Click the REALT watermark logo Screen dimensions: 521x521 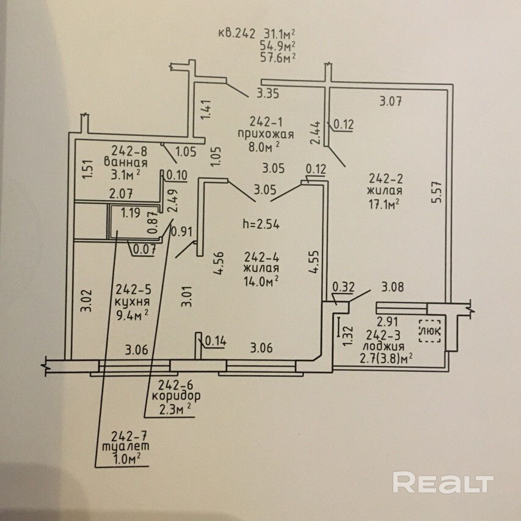443,483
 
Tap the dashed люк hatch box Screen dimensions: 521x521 430,331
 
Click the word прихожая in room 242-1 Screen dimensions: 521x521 266,134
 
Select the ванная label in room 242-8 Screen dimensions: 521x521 125,162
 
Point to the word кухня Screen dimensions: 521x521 132,303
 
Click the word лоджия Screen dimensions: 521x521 384,347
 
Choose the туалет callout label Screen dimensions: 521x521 125,446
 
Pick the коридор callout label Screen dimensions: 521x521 177,396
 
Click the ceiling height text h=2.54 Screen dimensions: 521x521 261,225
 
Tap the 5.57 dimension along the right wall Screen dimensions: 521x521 437,192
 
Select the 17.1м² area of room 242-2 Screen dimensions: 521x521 384,204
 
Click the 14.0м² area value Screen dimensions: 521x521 261,281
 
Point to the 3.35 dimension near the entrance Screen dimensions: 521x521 268,93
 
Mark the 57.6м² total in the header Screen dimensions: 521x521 278,57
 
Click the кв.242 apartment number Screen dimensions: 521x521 237,34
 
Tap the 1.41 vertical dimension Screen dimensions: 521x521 206,110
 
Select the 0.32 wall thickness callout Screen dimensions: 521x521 343,287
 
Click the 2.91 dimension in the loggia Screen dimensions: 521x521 388,322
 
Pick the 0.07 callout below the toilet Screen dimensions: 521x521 144,249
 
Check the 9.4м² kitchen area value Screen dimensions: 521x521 132,315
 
